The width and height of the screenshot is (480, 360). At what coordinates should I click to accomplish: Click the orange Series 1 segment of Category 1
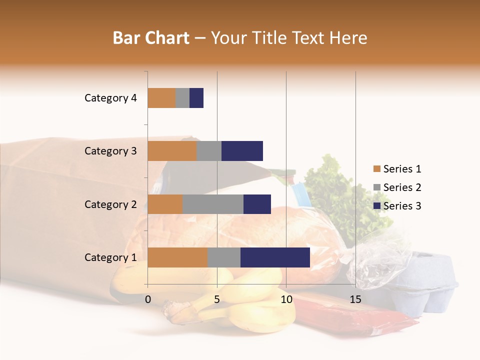[177, 257]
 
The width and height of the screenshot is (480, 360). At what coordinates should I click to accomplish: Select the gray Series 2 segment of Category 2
[213, 204]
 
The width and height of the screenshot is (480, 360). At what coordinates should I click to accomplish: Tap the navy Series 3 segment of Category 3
[242, 151]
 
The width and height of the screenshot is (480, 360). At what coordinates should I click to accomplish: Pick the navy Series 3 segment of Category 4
[196, 98]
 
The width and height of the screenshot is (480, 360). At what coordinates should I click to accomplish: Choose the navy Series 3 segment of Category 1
[275, 257]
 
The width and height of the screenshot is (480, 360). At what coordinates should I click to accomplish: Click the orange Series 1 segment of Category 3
[172, 151]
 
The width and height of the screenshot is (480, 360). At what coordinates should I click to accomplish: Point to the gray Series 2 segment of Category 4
[182, 98]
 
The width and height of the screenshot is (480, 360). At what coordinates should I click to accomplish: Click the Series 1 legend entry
[397, 169]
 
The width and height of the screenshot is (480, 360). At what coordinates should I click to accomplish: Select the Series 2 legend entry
[397, 187]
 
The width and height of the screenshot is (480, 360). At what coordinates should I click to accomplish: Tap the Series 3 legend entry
[397, 206]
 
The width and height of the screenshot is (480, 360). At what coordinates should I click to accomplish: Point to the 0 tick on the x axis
[148, 299]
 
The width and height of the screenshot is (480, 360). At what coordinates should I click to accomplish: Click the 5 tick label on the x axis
[217, 299]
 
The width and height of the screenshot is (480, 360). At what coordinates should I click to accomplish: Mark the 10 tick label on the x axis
[286, 299]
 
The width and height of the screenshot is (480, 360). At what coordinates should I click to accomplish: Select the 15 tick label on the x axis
[355, 299]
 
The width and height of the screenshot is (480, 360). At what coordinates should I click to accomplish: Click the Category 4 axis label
[110, 98]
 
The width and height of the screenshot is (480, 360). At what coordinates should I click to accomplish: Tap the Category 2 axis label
[110, 204]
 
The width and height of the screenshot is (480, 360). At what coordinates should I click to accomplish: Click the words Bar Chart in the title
[151, 37]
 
